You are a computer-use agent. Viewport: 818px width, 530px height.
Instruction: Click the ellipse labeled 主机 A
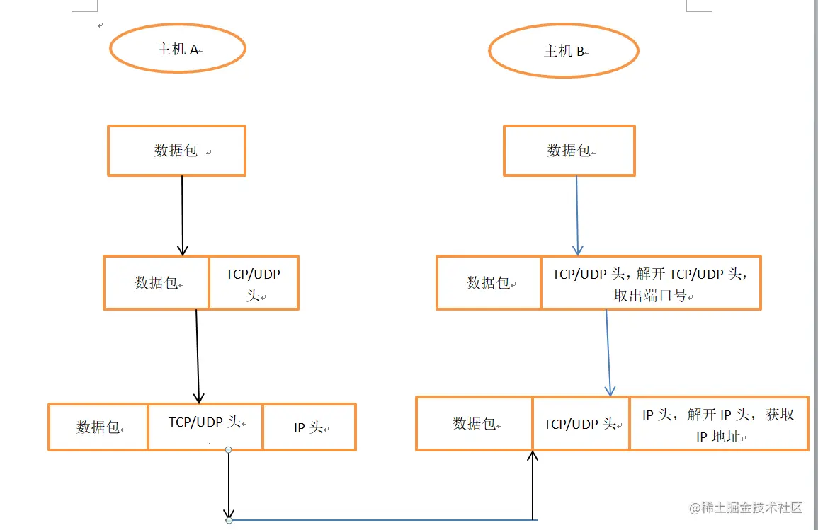coord(178,49)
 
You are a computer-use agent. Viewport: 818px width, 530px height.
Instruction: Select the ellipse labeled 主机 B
coord(564,51)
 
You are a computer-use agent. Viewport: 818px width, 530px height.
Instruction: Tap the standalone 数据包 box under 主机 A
coord(176,151)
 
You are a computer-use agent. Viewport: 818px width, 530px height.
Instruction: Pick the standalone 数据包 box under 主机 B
coord(569,151)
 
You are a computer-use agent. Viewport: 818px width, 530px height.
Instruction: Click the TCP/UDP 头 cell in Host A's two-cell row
coord(254,283)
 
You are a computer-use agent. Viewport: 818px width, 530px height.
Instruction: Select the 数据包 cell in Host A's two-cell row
coord(157,283)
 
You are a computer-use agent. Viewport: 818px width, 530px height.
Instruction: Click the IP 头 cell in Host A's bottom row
coord(309,427)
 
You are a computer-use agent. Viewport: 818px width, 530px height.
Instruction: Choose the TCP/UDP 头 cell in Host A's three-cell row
coord(205,427)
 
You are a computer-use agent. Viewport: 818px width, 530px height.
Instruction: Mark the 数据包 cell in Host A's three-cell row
coord(98,427)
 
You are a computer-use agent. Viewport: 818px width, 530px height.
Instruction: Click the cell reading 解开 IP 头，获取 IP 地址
coord(718,424)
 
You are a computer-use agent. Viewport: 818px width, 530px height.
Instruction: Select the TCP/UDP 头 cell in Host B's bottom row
coord(581,424)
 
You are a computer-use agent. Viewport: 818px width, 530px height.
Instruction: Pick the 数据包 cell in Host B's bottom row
coord(475,424)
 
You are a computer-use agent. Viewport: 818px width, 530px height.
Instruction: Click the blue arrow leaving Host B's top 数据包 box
coord(577,216)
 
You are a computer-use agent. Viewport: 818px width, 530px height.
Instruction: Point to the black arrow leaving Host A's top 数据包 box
coord(182,216)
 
